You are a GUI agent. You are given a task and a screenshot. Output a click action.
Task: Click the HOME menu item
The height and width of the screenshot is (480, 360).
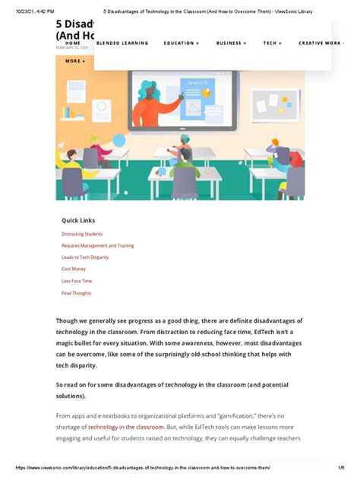click(x=73, y=43)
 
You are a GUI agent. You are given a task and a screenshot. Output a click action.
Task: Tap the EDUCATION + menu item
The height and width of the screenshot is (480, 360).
click(x=182, y=43)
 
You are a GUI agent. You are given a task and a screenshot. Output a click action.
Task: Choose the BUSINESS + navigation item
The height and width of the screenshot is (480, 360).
click(x=231, y=43)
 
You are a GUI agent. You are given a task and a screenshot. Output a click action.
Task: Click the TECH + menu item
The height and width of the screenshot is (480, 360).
click(x=273, y=43)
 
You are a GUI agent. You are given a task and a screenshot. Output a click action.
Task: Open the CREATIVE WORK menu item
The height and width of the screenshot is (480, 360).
click(x=321, y=43)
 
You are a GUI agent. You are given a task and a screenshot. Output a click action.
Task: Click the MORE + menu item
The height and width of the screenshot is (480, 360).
click(x=75, y=61)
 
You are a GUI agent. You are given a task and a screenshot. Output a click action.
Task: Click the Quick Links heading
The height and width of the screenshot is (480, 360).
click(x=78, y=220)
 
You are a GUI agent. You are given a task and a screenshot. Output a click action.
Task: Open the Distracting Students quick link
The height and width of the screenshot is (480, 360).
click(x=82, y=234)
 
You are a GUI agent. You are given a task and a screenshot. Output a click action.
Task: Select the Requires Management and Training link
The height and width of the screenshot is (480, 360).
click(x=98, y=246)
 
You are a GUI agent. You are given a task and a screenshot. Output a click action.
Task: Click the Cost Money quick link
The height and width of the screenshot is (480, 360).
click(x=74, y=269)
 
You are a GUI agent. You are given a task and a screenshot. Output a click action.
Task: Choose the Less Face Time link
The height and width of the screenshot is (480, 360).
click(x=77, y=281)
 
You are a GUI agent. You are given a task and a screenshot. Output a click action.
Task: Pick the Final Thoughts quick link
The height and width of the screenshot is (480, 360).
click(x=77, y=292)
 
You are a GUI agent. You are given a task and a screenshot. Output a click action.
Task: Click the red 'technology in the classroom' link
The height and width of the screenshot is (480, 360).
click(x=126, y=428)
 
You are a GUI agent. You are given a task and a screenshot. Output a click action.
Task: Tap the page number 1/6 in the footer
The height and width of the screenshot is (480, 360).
click(x=341, y=468)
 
